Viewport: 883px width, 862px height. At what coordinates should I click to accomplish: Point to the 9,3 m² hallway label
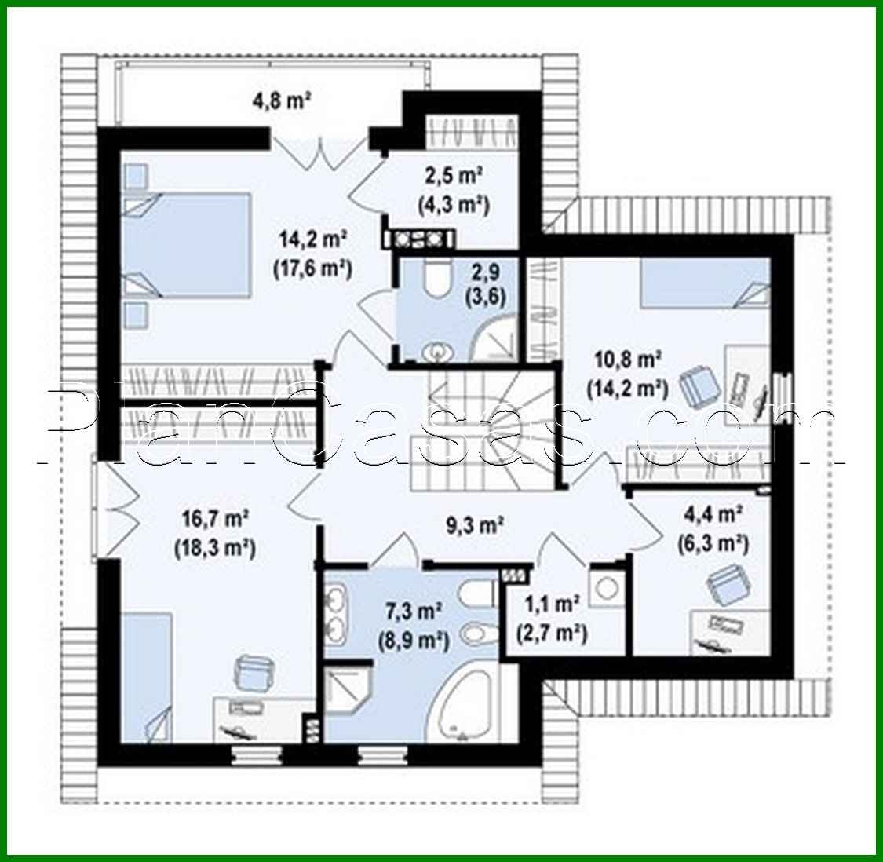tap(476, 524)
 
